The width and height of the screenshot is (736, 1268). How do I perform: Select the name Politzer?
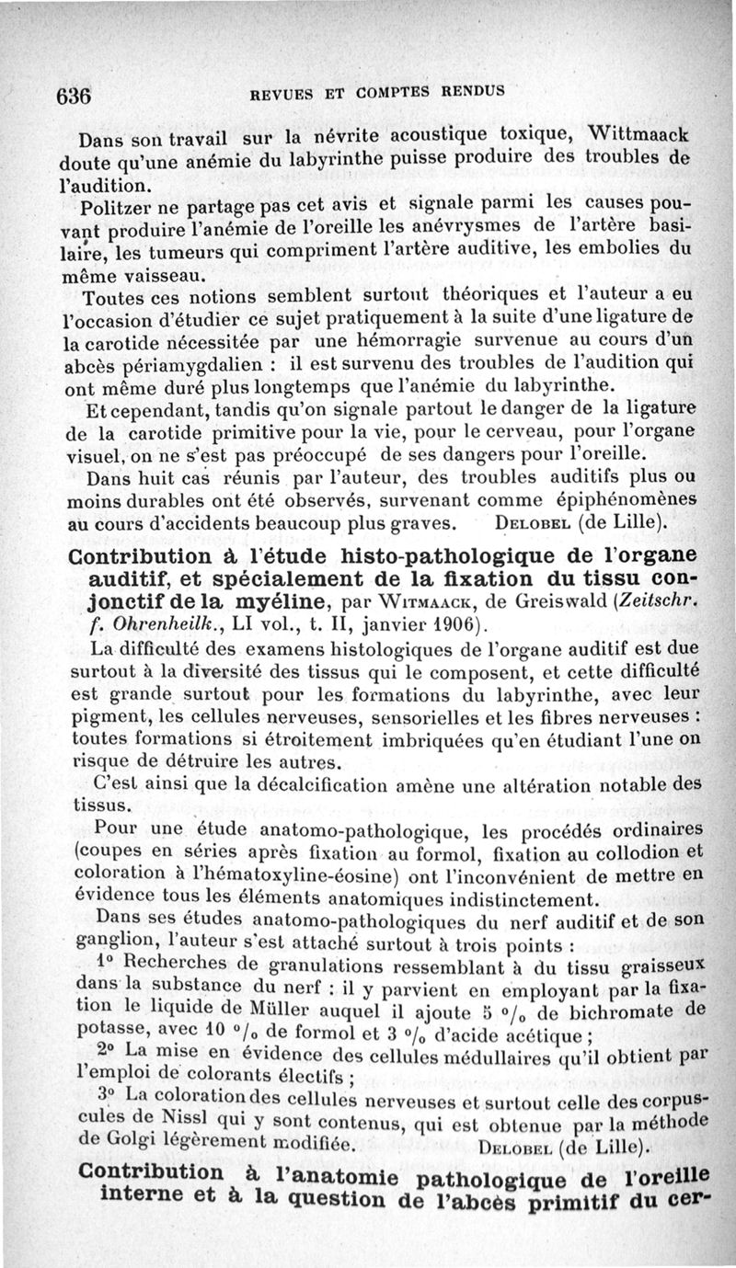pos(118,204)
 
